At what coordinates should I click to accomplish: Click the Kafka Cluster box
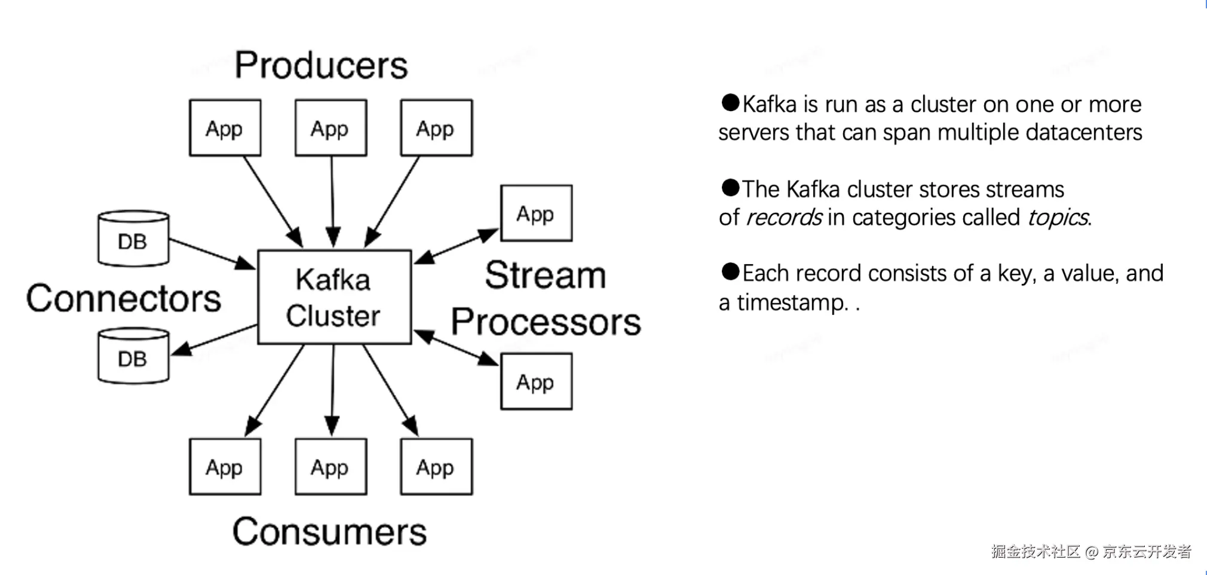(334, 297)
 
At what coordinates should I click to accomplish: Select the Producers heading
(321, 65)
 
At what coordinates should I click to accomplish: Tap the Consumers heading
(329, 531)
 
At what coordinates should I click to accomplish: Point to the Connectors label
(124, 298)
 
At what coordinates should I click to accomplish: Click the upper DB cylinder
(133, 238)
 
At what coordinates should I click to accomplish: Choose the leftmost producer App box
(225, 128)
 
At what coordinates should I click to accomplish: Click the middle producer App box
(330, 128)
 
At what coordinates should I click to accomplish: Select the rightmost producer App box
(436, 128)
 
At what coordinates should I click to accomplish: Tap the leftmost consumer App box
(225, 467)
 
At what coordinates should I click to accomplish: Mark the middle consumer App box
(330, 467)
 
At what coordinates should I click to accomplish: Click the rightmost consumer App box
(436, 467)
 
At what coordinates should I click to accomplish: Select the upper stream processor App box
(536, 213)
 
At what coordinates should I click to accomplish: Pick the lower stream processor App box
(536, 381)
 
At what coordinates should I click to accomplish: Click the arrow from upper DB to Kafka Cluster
(212, 253)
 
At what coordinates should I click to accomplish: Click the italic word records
(784, 218)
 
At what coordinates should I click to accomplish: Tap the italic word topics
(1058, 218)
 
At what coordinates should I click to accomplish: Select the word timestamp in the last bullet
(792, 303)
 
